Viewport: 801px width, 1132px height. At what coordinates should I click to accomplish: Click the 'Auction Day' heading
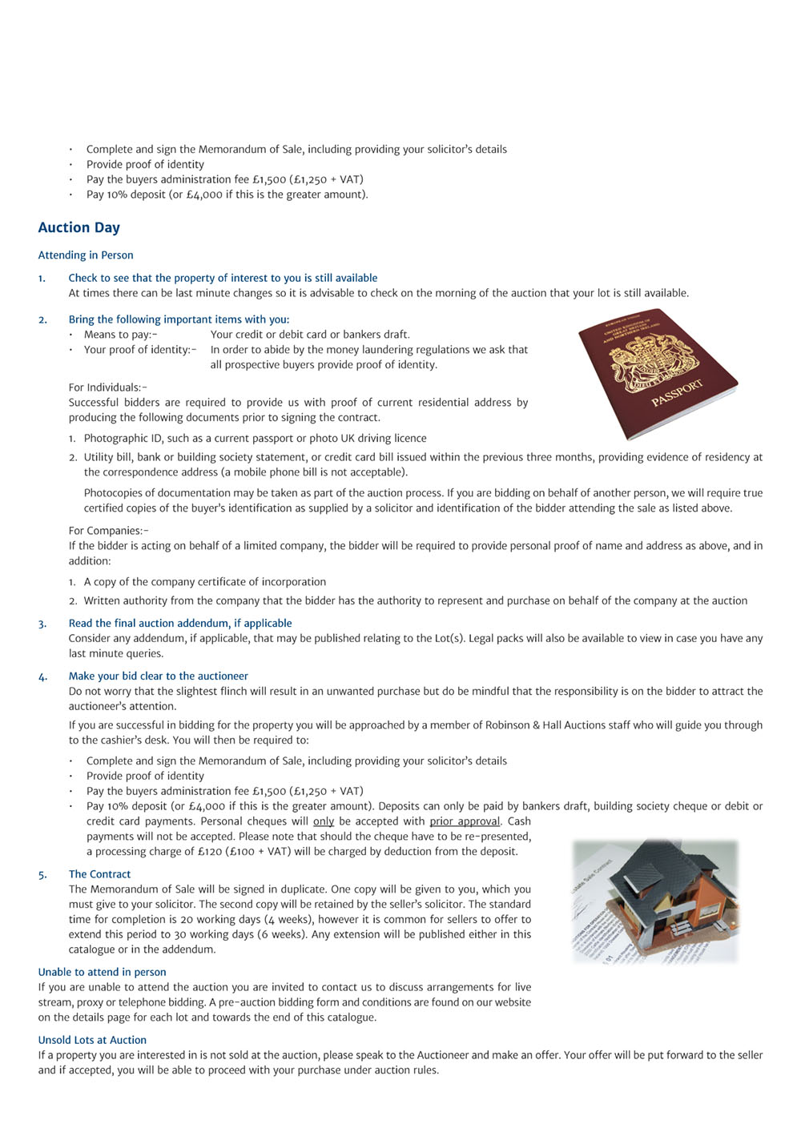point(78,227)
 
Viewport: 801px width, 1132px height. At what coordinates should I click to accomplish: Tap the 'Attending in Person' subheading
point(86,255)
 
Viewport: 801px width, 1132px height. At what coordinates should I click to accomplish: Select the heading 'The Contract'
point(99,874)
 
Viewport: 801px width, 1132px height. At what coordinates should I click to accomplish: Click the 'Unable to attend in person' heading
point(103,972)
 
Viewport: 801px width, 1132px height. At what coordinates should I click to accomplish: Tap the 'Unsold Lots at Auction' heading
point(92,1040)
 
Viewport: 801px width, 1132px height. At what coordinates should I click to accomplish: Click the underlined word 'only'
point(324,821)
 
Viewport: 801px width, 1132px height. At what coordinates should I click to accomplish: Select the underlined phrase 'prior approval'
point(465,821)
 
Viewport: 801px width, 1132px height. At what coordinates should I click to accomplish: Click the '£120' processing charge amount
point(211,852)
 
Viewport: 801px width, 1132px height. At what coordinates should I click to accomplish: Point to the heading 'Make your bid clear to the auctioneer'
point(159,676)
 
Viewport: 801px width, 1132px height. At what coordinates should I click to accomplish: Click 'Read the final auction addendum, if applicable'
point(180,624)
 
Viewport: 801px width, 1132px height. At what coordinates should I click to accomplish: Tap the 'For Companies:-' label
point(109,531)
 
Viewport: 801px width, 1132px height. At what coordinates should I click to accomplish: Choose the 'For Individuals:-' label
point(108,387)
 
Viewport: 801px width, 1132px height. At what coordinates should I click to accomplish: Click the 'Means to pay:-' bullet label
point(121,335)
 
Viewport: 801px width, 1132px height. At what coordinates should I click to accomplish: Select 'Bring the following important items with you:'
point(179,319)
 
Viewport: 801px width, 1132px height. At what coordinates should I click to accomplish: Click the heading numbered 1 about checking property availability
point(223,279)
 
